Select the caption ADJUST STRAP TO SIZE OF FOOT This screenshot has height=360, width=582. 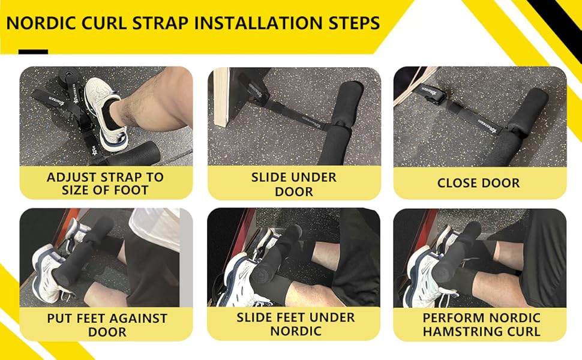click(106, 184)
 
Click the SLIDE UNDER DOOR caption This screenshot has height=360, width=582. click(294, 184)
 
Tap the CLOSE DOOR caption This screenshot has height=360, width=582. click(479, 182)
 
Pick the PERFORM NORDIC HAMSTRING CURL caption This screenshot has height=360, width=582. click(481, 325)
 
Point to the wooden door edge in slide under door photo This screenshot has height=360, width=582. click(223, 96)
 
